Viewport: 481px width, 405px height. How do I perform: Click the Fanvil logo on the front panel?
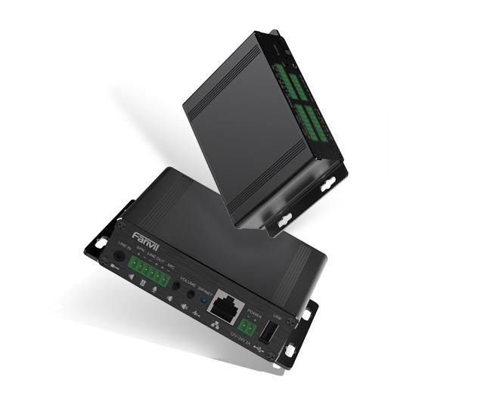tap(141, 238)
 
